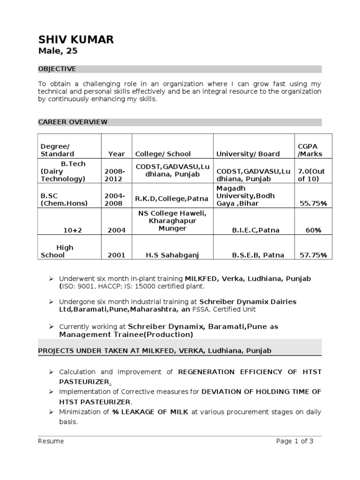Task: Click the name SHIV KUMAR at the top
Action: [75, 39]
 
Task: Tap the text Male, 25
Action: [57, 51]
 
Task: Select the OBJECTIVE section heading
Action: [57, 69]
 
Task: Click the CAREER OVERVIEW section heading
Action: [73, 122]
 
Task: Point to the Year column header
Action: [116, 154]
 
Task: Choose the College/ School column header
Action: [163, 154]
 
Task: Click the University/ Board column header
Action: [247, 154]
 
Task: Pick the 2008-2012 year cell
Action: [116, 175]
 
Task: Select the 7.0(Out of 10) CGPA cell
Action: [311, 175]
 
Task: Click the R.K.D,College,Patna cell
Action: [172, 199]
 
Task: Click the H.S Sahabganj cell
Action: [172, 255]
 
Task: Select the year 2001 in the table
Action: [116, 255]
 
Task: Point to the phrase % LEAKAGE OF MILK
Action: [150, 412]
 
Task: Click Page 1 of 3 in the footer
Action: [294, 441]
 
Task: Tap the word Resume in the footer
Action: [51, 441]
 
